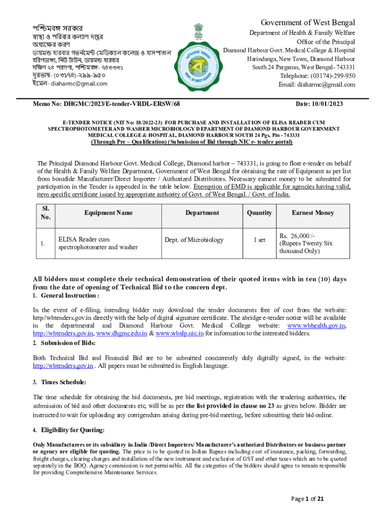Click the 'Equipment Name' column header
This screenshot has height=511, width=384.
pyautogui.click(x=108, y=213)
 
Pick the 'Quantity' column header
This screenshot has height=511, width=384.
pyautogui.click(x=259, y=213)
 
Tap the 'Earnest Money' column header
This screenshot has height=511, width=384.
pyautogui.click(x=313, y=213)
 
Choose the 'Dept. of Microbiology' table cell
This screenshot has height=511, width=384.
pyautogui.click(x=194, y=240)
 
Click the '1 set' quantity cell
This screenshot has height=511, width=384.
pyautogui.click(x=259, y=240)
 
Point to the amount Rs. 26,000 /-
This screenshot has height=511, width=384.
pyautogui.click(x=297, y=236)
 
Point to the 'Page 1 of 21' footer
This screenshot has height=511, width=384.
pyautogui.click(x=308, y=498)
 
